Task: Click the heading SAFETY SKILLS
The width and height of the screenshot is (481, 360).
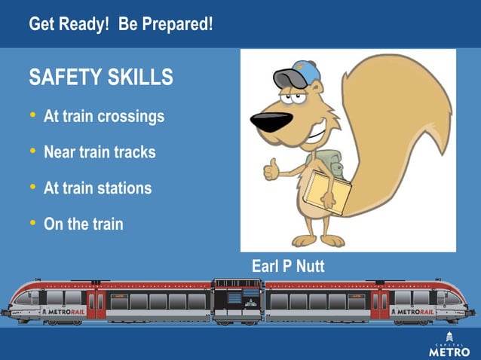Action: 100,77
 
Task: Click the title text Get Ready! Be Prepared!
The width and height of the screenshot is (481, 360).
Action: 121,24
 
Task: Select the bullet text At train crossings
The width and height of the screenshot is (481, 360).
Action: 104,117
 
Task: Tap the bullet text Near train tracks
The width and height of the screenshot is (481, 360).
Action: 100,152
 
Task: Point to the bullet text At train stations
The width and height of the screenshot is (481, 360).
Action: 98,188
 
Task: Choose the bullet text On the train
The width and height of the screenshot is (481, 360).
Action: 83,224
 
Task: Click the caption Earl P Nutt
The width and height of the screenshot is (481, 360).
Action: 288,267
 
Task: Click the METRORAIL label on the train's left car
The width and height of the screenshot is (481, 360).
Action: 66,310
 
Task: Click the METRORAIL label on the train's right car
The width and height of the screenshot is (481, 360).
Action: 415,310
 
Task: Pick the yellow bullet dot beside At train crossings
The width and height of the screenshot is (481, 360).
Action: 32,116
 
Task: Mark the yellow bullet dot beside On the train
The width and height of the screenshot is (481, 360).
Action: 32,223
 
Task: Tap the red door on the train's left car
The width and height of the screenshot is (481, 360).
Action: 96,303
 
